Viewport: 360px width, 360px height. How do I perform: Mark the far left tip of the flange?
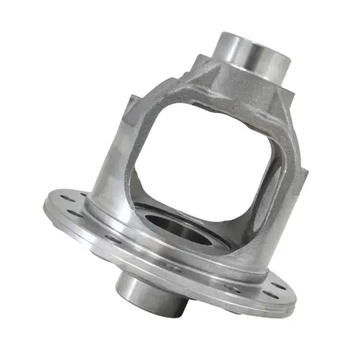click(44, 202)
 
